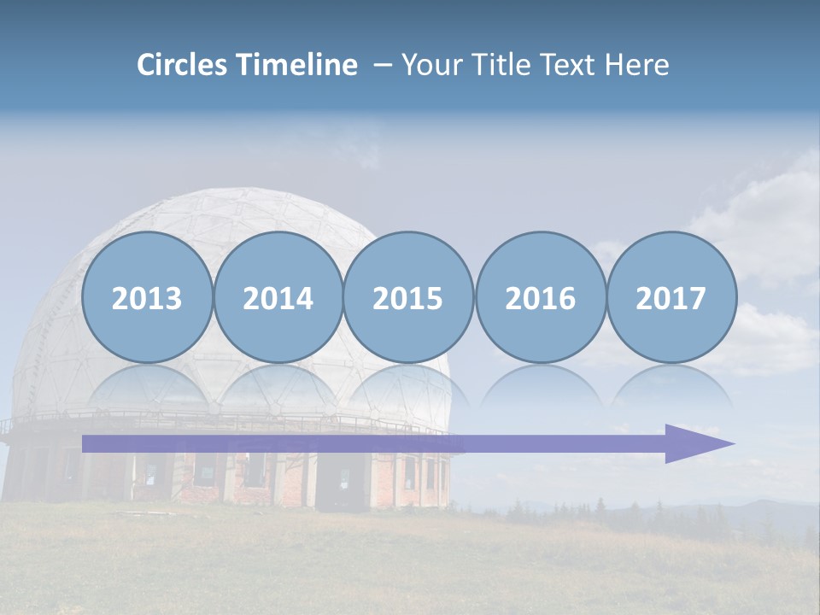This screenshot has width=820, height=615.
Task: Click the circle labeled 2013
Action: tap(147, 297)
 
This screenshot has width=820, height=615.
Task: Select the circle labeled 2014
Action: tap(278, 297)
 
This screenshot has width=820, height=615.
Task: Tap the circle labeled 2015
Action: tap(408, 297)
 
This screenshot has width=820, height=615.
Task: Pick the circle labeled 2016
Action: tap(540, 297)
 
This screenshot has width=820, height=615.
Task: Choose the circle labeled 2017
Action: tap(671, 297)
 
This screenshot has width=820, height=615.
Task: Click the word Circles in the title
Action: tap(183, 65)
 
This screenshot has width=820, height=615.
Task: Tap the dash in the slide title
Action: tap(383, 65)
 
